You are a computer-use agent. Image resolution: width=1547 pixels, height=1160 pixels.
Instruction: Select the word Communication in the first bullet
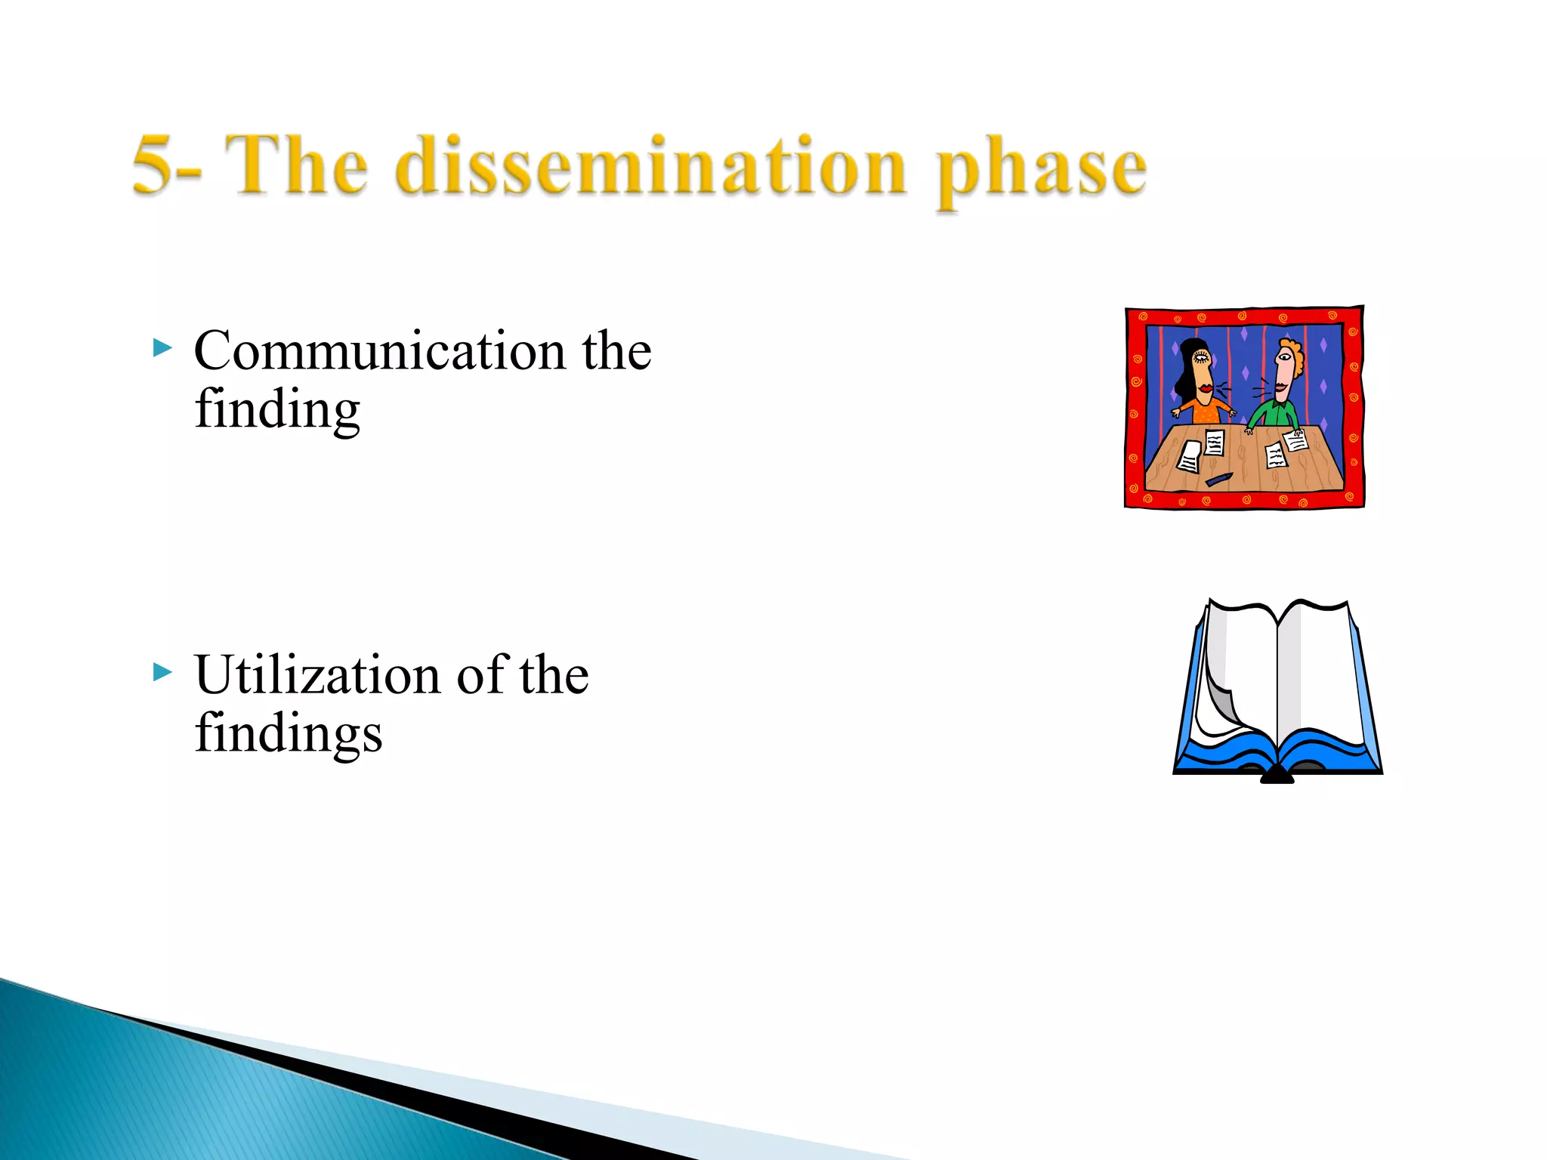tap(379, 352)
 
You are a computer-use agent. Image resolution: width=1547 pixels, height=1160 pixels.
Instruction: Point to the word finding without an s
tap(277, 410)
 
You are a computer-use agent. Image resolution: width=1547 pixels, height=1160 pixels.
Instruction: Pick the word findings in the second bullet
tap(289, 734)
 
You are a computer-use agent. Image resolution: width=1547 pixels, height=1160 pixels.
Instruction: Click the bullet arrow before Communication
tap(162, 348)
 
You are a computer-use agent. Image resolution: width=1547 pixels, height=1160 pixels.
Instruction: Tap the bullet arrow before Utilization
tap(162, 671)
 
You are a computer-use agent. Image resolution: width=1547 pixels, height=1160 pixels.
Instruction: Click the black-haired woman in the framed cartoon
tap(1199, 385)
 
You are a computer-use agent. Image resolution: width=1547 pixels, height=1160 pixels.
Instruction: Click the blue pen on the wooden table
tap(1218, 480)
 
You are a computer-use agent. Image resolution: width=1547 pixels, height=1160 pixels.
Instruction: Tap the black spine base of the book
tap(1277, 776)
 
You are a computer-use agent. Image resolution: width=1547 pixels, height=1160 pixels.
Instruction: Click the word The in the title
tap(296, 166)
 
